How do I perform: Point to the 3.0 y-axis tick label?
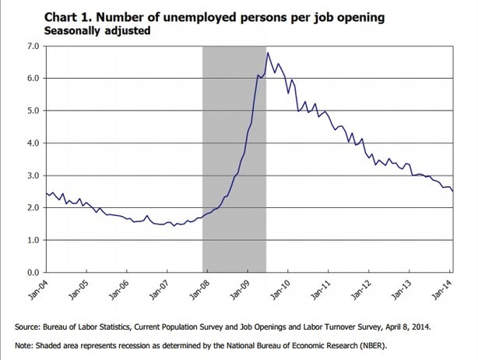click(33, 176)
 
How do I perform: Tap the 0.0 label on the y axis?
click(33, 274)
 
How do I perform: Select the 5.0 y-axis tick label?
click(33, 111)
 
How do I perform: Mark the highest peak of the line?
click(268, 52)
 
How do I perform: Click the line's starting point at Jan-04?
click(46, 192)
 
